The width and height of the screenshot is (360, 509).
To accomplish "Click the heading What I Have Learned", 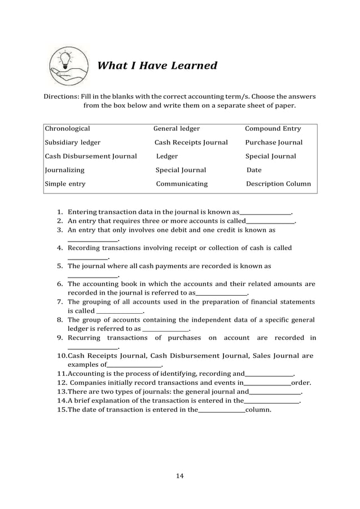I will tap(157, 66).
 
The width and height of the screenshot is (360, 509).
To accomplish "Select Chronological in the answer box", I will tap(67, 129).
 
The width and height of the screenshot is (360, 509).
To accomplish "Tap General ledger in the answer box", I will tap(177, 129).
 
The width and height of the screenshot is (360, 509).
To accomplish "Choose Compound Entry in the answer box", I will tap(273, 129).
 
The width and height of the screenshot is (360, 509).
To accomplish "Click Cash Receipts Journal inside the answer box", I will tap(191, 142).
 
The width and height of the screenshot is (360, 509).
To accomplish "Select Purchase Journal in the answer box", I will tap(274, 142).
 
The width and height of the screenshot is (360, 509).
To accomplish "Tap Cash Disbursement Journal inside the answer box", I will tap(91, 156).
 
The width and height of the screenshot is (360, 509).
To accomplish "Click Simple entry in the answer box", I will tap(65, 184).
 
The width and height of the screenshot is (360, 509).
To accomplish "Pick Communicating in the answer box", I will tap(182, 184).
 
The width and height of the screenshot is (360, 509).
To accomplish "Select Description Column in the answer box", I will tap(278, 184).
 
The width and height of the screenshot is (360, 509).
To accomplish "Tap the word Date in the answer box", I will tap(254, 170).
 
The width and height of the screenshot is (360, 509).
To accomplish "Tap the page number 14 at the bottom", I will tap(180, 476).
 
